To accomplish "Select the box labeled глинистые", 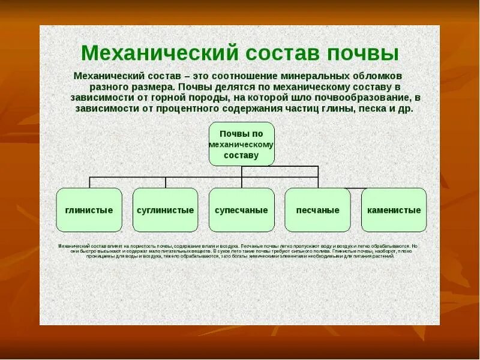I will click(x=89, y=210).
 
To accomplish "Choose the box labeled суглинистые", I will click(x=165, y=210).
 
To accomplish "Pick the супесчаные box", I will click(x=241, y=210).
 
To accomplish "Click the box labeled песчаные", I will click(x=317, y=210).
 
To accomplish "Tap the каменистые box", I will click(x=394, y=210).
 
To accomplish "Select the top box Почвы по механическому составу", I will click(x=241, y=144).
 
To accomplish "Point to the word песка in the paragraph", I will click(x=375, y=109).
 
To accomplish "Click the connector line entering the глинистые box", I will click(x=89, y=182).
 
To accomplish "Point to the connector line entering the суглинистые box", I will click(x=166, y=182).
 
